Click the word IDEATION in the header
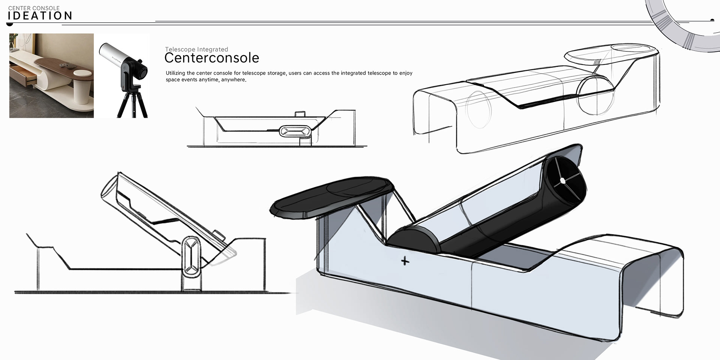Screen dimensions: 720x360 pyautogui.click(x=40, y=16)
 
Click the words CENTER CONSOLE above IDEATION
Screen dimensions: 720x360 pyautogui.click(x=34, y=8)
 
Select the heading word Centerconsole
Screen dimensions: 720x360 pyautogui.click(x=211, y=58)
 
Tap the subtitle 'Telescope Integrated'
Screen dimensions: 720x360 pyautogui.click(x=196, y=49)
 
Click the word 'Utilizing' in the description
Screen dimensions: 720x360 pyautogui.click(x=175, y=73)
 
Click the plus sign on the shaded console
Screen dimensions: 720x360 pyautogui.click(x=405, y=261)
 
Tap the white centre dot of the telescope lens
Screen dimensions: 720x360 pyautogui.click(x=562, y=181)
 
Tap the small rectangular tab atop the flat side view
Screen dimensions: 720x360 pyautogui.click(x=300, y=114)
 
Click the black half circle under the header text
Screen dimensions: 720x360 pyautogui.click(x=10, y=25)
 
